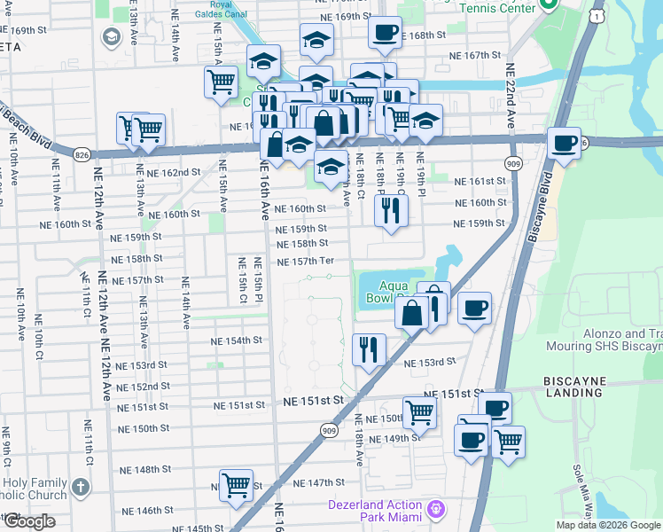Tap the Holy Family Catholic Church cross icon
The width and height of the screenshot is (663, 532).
80,487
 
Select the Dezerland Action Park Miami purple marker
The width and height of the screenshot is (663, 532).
435,509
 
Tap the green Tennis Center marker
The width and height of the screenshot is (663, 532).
547,5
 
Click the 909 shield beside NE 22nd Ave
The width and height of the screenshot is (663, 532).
513,164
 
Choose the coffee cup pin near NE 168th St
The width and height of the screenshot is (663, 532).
384,34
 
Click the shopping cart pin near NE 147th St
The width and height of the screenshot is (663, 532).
236,485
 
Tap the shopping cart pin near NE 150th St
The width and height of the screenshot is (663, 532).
418,411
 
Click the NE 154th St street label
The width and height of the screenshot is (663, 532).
237,340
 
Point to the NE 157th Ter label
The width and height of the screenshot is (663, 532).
305,262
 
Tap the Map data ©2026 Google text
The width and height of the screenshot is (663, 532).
607,525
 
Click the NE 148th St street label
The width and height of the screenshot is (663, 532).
145,469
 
